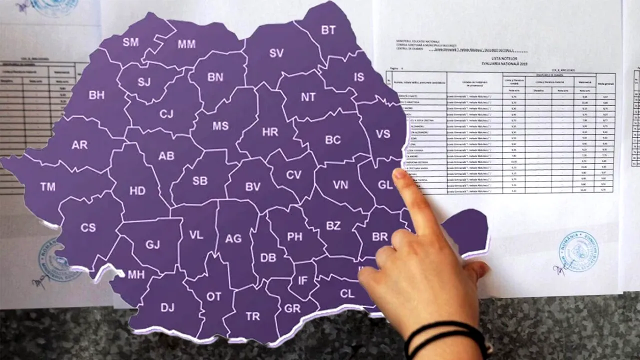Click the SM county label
[130, 42]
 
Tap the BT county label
[328, 30]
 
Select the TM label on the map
[48, 187]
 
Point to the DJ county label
[167, 307]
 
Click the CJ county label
[166, 114]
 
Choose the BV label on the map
[253, 186]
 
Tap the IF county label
[303, 281]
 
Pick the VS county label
[383, 134]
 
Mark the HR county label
[270, 132]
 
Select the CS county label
[88, 227]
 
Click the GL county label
[385, 185]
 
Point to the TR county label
[253, 316]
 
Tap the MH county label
[136, 274]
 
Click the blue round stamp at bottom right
[578, 251]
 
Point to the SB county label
[200, 181]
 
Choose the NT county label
[308, 97]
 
